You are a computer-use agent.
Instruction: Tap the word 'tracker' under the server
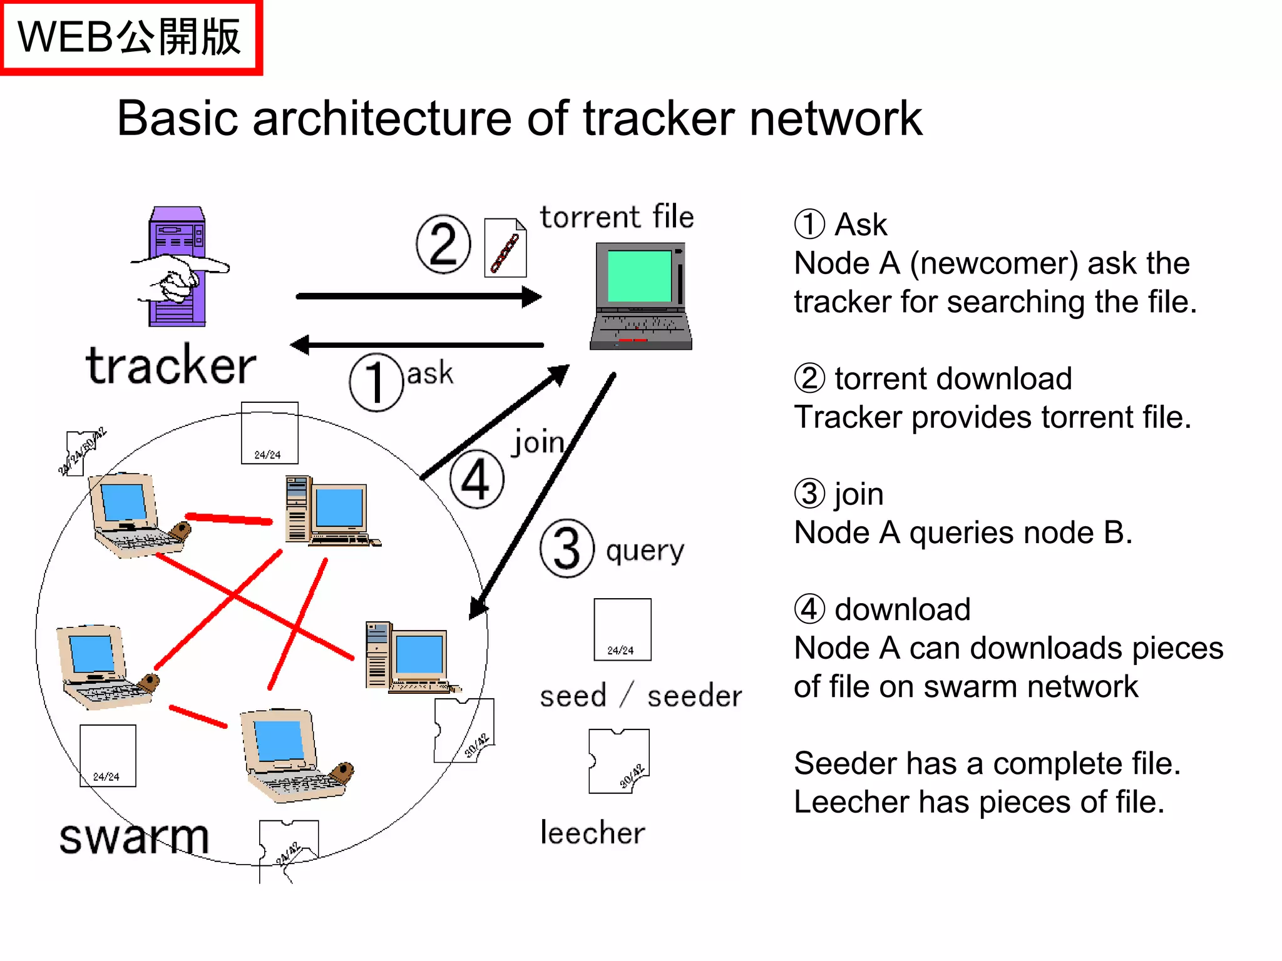(171, 365)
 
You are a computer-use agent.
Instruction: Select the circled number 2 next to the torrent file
(443, 244)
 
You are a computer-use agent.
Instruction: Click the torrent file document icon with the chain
(505, 248)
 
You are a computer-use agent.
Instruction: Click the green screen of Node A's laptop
(639, 276)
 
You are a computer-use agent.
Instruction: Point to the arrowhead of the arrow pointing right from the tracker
(531, 297)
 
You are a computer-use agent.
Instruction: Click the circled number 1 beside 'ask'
(376, 382)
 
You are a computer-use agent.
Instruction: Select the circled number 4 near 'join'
(477, 479)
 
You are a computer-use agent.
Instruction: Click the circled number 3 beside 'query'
(567, 548)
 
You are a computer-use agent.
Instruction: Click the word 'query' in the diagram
(645, 551)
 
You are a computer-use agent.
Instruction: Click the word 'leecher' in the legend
(592, 833)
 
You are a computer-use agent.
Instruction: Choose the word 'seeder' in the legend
(694, 696)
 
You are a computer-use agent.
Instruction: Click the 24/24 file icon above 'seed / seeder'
(622, 629)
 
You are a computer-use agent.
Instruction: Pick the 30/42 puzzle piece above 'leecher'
(618, 761)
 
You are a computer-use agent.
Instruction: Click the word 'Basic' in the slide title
(177, 118)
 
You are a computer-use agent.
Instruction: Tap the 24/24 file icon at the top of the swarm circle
(269, 433)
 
